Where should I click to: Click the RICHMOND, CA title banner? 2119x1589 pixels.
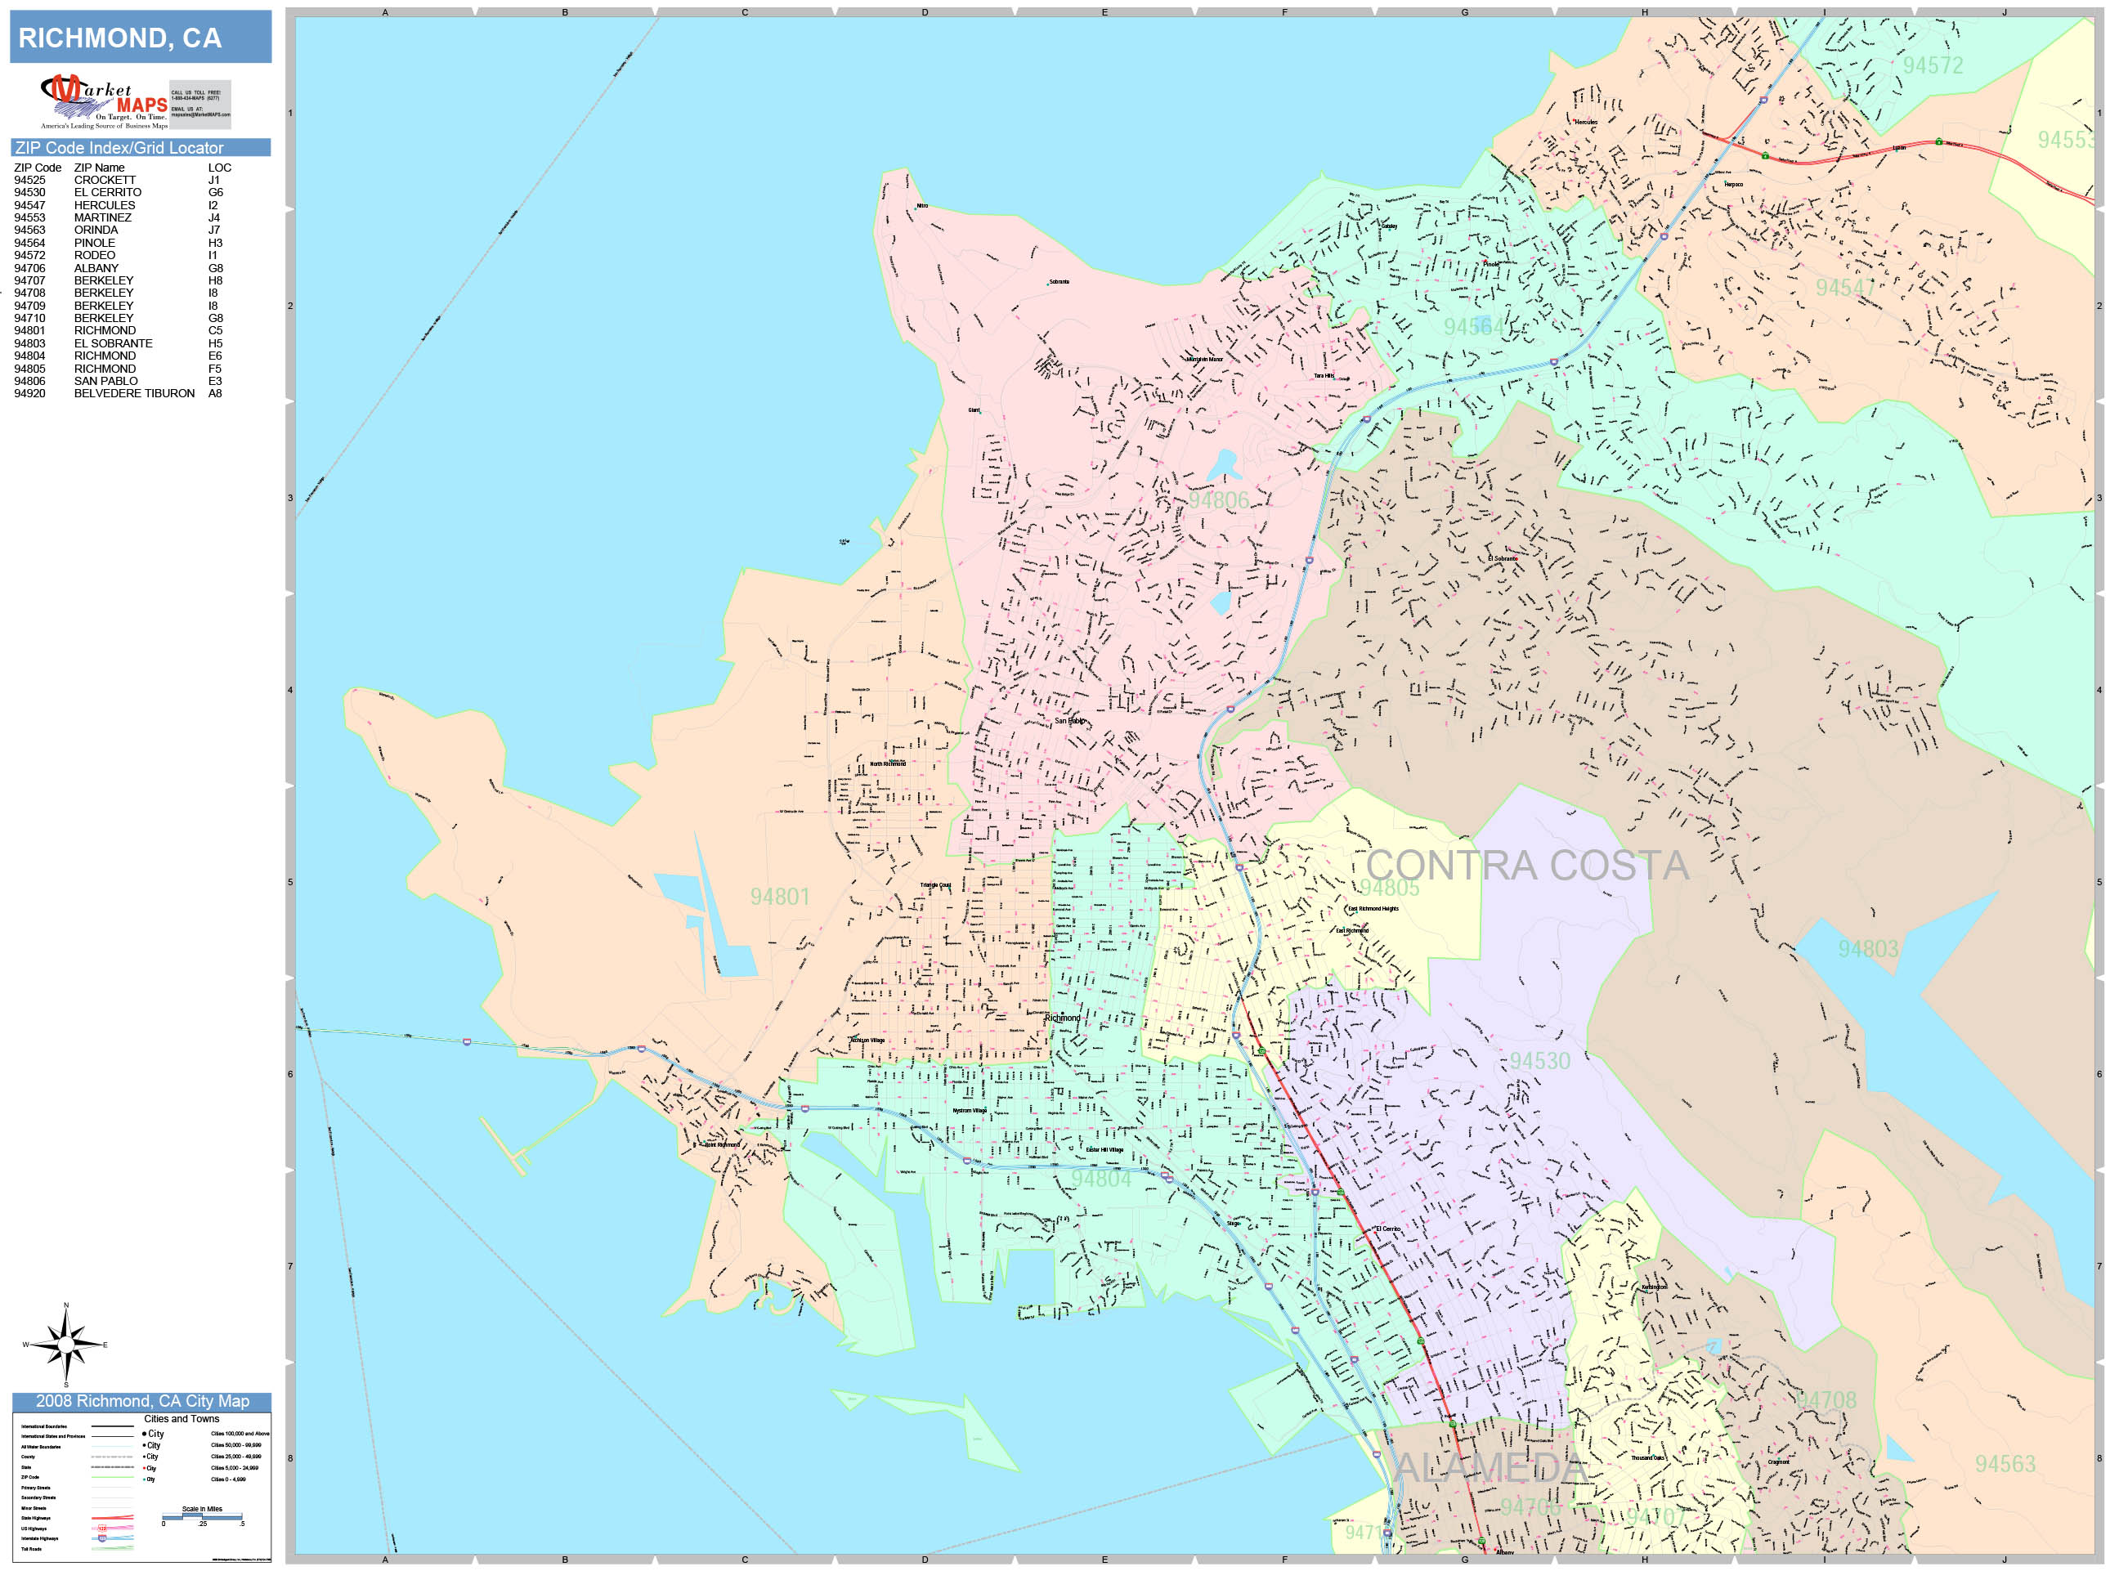pyautogui.click(x=140, y=38)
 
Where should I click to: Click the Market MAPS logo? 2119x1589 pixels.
pyautogui.click(x=105, y=101)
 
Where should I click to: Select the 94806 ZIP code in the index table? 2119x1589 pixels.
pyautogui.click(x=29, y=381)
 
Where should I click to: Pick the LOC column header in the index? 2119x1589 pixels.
pyautogui.click(x=219, y=168)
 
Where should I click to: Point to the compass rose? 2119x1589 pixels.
pyautogui.click(x=65, y=1345)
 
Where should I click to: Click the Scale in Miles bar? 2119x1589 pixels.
pyautogui.click(x=202, y=1516)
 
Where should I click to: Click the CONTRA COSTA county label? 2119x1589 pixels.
pyautogui.click(x=1526, y=866)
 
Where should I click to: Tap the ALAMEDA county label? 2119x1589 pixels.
pyautogui.click(x=1490, y=1468)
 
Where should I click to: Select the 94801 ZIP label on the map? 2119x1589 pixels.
pyautogui.click(x=780, y=897)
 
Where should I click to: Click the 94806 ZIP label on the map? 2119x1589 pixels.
pyautogui.click(x=1219, y=501)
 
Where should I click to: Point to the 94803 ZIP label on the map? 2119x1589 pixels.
pyautogui.click(x=1867, y=949)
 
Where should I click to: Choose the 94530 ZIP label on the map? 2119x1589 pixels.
pyautogui.click(x=1539, y=1061)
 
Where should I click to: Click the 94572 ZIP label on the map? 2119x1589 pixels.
pyautogui.click(x=1933, y=66)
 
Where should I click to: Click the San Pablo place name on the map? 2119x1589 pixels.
pyautogui.click(x=1070, y=721)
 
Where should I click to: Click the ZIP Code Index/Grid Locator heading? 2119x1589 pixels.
pyautogui.click(x=119, y=147)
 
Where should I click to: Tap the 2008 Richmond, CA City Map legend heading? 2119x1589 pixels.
pyautogui.click(x=141, y=1401)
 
